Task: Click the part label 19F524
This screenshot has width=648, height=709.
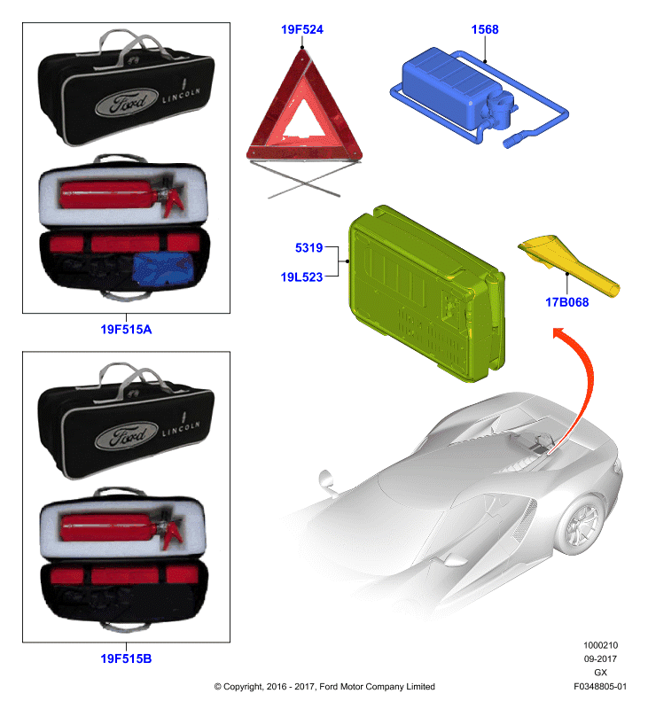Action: click(302, 30)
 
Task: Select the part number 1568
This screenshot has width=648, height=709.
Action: click(485, 30)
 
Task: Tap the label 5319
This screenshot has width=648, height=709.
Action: click(308, 248)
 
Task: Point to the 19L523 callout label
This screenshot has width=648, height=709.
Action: click(301, 277)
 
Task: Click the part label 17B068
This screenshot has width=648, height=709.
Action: click(567, 302)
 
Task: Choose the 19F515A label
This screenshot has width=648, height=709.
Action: click(126, 329)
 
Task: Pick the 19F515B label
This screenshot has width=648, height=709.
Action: click(126, 658)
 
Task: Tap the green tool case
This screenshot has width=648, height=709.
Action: click(425, 294)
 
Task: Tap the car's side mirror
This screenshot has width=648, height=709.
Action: click(327, 481)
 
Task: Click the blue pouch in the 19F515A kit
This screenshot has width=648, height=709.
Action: click(164, 270)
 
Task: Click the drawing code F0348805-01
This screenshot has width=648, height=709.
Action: click(600, 686)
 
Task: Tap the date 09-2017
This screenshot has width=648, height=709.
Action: click(600, 658)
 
